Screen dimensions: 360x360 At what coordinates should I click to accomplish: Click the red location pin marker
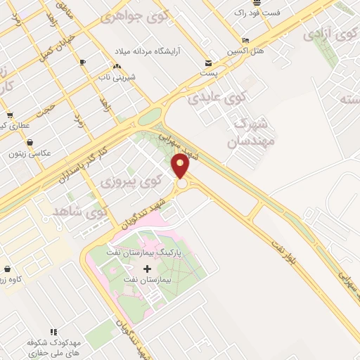pos(181,167)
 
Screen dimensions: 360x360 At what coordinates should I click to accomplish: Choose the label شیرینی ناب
pos(116,75)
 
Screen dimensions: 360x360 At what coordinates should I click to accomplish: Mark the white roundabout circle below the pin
pos(181,184)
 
